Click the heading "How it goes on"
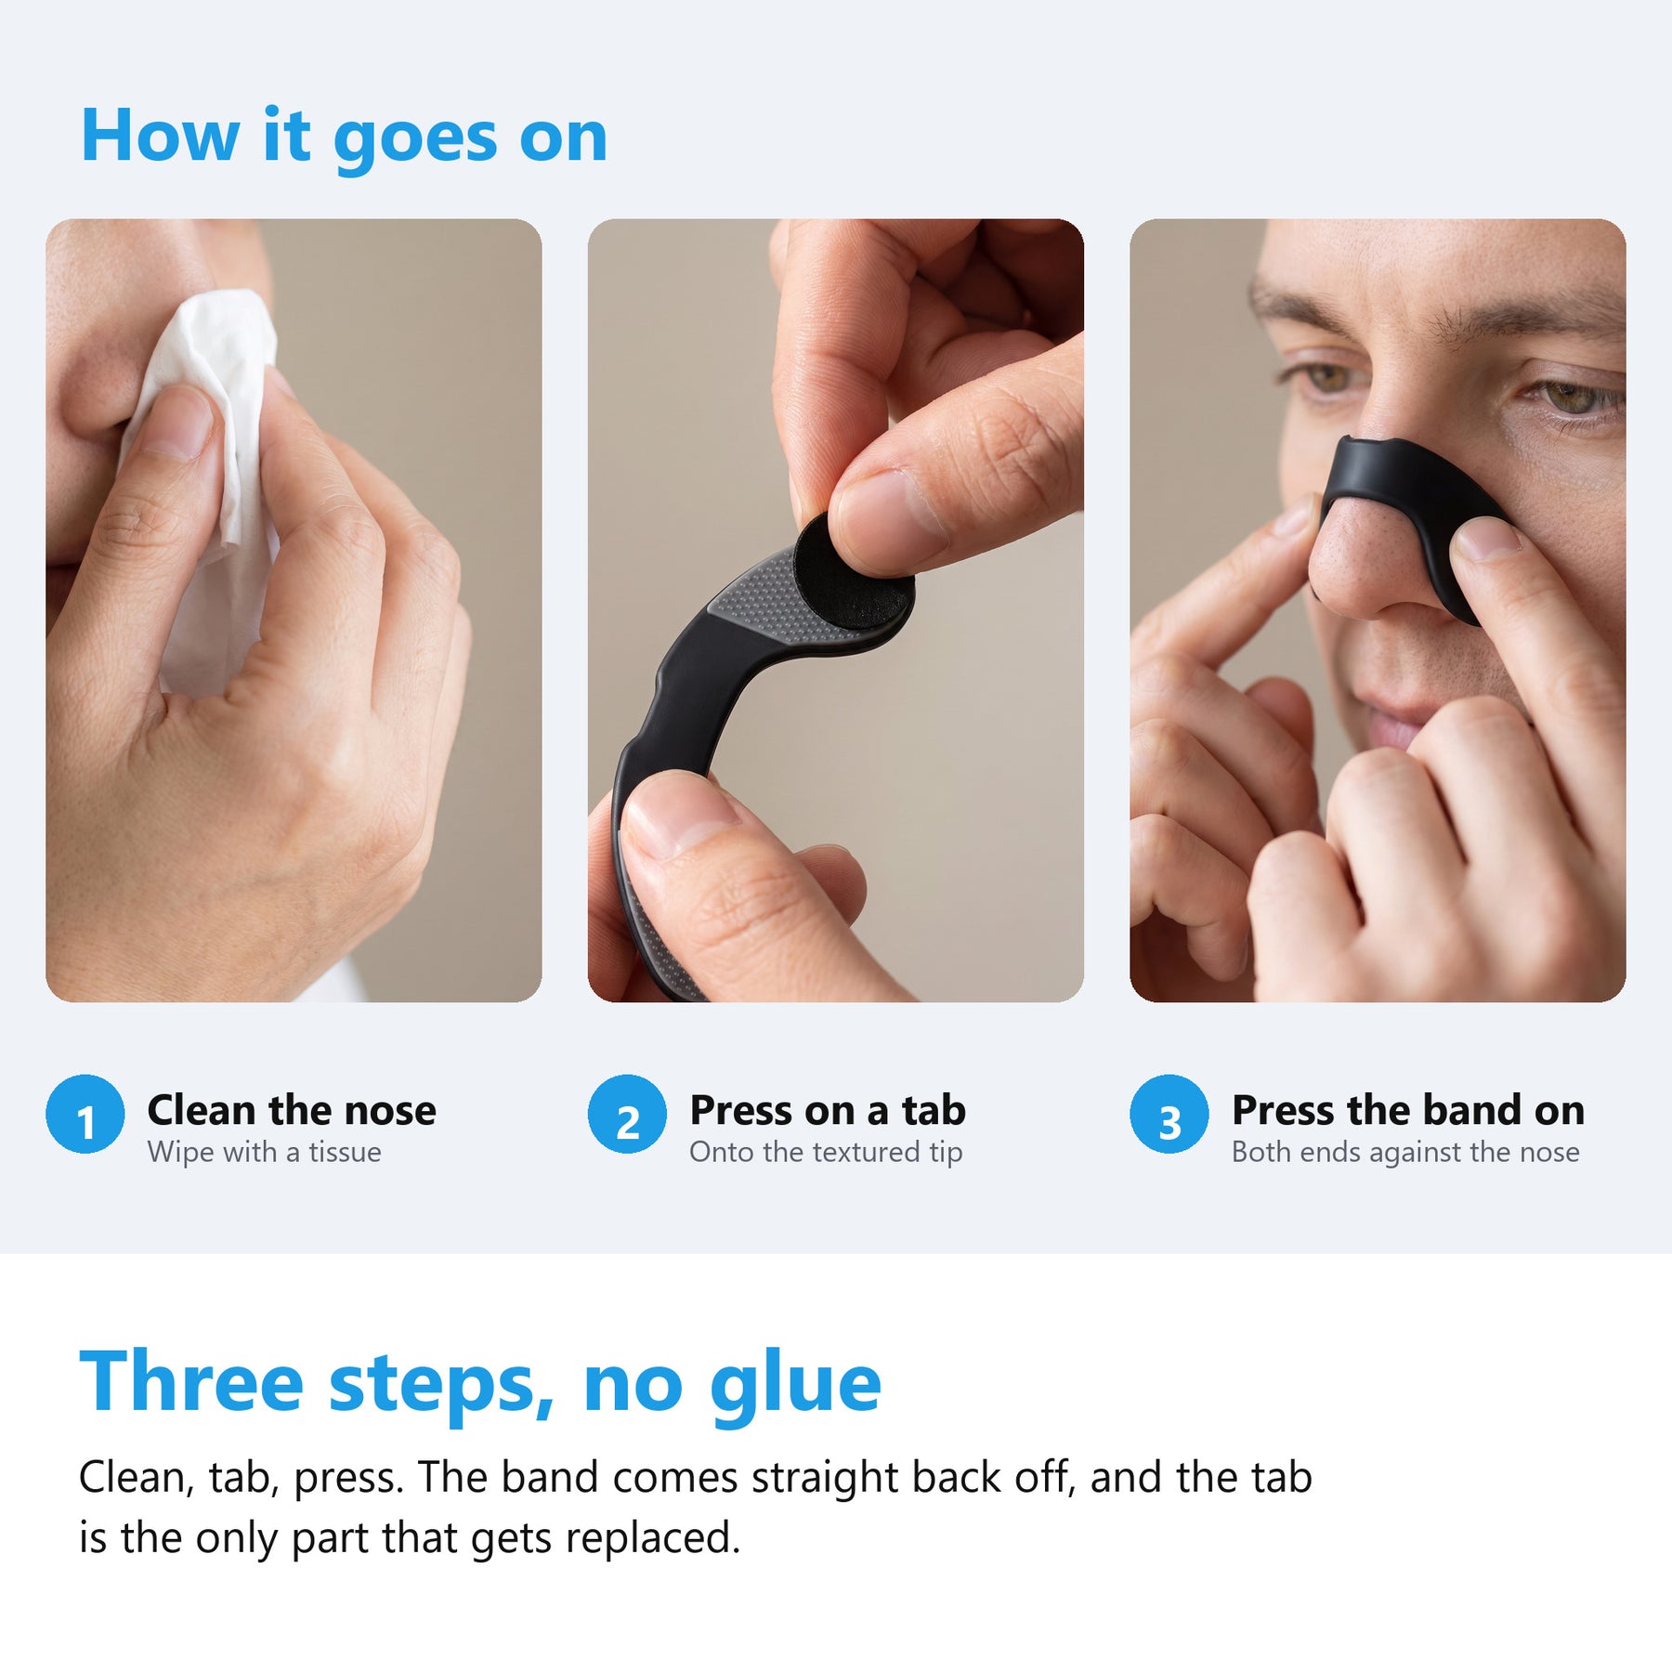pos(344,137)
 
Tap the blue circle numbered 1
pos(85,1114)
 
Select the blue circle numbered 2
pos(627,1114)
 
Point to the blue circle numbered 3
pos(1169,1114)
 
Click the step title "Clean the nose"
pos(292,1110)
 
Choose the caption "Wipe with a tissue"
pos(265,1152)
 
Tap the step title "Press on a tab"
pos(828,1110)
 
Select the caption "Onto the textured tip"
pos(826,1153)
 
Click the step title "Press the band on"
pos(1408,1110)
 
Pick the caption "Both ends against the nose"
pos(1405,1153)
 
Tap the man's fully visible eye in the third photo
pos(1570,398)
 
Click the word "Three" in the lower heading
pos(191,1382)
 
